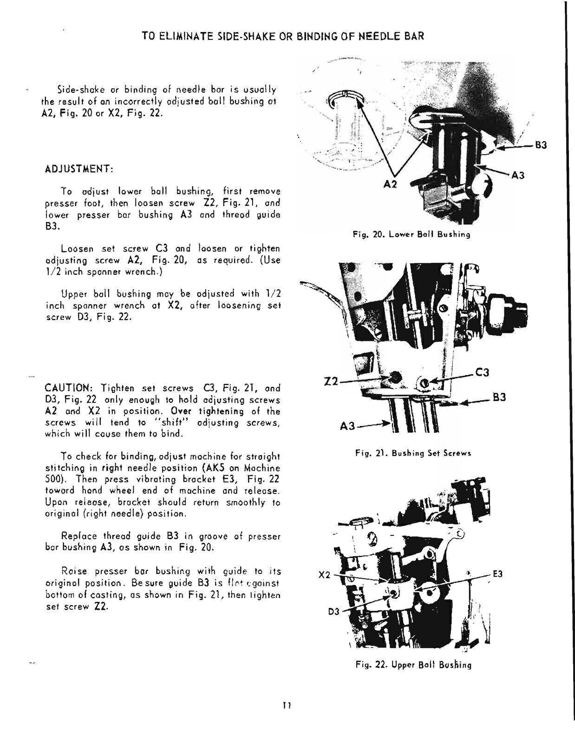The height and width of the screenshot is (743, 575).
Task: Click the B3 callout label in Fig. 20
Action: pyautogui.click(x=541, y=145)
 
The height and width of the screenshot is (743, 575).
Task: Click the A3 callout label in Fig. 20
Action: pyautogui.click(x=518, y=175)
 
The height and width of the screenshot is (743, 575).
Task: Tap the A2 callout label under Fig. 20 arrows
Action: pyautogui.click(x=391, y=184)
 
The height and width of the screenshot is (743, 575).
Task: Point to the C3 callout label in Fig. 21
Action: pyautogui.click(x=483, y=372)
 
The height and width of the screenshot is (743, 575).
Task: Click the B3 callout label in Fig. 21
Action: pyautogui.click(x=499, y=398)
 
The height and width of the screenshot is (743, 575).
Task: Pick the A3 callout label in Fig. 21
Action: pyautogui.click(x=347, y=425)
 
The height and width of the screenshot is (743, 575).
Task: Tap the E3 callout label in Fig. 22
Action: pyautogui.click(x=497, y=574)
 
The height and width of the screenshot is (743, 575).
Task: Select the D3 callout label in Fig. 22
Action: pyautogui.click(x=334, y=612)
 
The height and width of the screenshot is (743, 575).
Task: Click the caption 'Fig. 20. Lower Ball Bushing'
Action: pyautogui.click(x=412, y=235)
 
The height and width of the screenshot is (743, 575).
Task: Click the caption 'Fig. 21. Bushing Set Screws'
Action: pyautogui.click(x=413, y=453)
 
